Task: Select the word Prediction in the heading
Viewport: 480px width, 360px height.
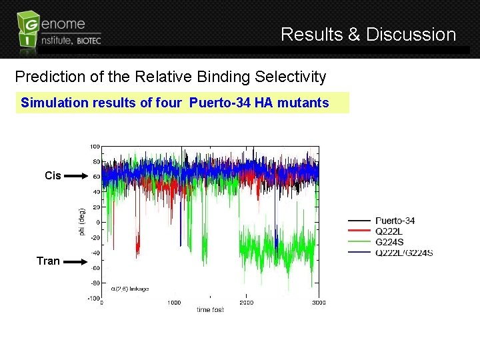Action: pyautogui.click(x=49, y=77)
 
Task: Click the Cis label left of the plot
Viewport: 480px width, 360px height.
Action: pyautogui.click(x=53, y=176)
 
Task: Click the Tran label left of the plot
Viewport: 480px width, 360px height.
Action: pyautogui.click(x=48, y=261)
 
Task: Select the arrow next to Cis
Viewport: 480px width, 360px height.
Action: pyautogui.click(x=77, y=176)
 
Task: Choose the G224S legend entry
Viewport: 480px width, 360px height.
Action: pyautogui.click(x=389, y=242)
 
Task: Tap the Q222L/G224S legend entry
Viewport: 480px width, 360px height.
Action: pyautogui.click(x=404, y=253)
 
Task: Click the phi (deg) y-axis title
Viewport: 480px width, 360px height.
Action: pyautogui.click(x=82, y=221)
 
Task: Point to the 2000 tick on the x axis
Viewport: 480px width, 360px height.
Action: pyautogui.click(x=246, y=303)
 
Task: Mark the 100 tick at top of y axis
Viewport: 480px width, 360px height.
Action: pyautogui.click(x=95, y=146)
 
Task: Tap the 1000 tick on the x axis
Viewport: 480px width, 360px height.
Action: pyautogui.click(x=173, y=303)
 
